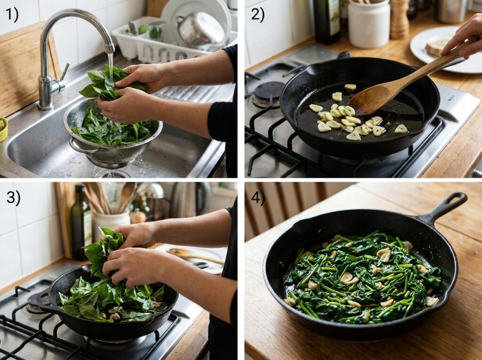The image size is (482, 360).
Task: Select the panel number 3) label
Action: click(13, 198)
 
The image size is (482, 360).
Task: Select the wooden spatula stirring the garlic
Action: click(386, 89)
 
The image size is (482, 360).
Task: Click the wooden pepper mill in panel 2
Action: click(399, 19)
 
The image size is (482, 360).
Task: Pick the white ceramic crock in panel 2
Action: click(369, 24)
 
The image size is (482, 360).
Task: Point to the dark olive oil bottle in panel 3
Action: click(81, 224)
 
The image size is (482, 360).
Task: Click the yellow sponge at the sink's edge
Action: click(3, 128)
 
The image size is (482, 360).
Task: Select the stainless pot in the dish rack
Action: click(200, 29)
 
